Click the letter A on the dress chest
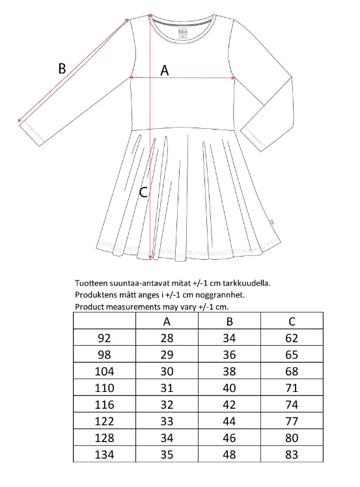point(165,71)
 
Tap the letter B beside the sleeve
point(62,68)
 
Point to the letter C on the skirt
point(144,192)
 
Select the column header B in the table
point(229,321)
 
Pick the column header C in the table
point(292,321)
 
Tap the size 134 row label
point(104,454)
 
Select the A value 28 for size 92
point(167,338)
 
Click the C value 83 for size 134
point(292,454)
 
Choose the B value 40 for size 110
point(229,387)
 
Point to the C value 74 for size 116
point(292,404)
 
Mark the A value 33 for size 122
point(167,421)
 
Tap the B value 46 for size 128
point(229,438)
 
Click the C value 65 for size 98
point(292,355)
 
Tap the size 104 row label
point(104,371)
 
